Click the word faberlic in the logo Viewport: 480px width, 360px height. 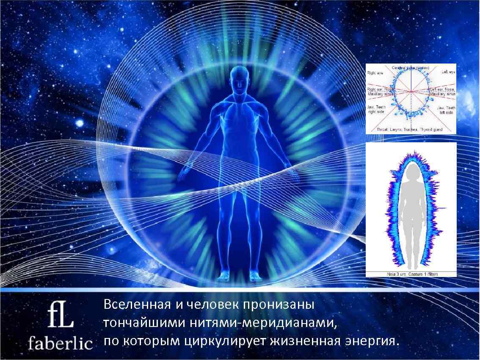point(60,343)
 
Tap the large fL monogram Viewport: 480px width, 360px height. point(61,315)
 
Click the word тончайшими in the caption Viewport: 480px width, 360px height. point(136,323)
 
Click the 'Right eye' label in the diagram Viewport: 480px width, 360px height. point(375,72)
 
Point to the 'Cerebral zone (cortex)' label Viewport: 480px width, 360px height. point(411,68)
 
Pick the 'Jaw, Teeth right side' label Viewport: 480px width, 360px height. point(375,110)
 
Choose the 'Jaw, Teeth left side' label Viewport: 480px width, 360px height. point(446,110)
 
